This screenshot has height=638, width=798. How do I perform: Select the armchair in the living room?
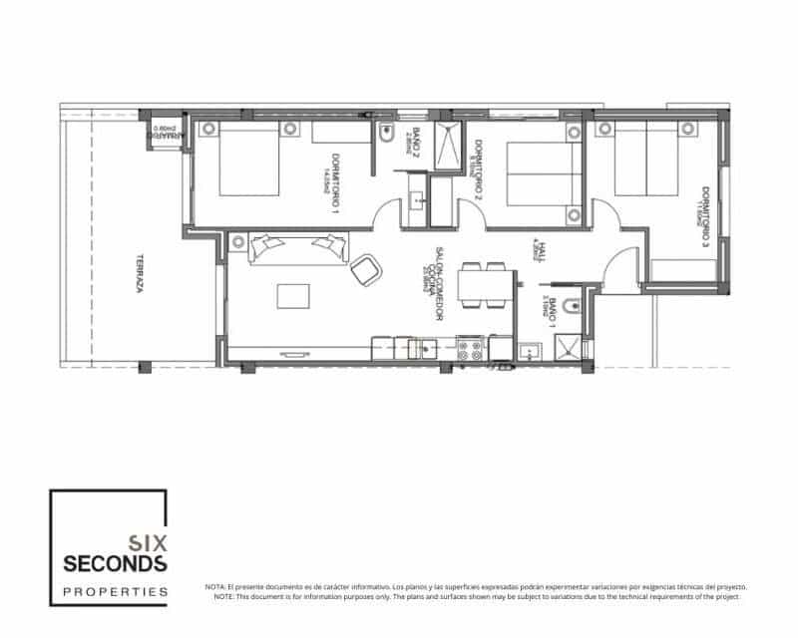point(366,267)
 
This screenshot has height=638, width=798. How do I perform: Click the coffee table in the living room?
point(293,297)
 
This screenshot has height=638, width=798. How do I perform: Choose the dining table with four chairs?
point(483,286)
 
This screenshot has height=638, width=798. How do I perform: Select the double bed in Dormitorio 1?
point(248,158)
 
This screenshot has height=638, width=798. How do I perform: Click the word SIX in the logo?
point(147,543)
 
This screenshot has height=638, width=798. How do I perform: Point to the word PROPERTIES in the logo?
point(115,591)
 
